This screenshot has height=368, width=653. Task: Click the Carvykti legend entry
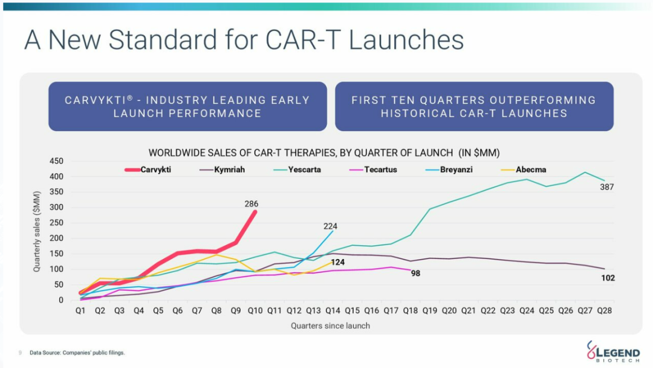[148, 169]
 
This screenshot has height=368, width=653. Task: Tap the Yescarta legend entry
[297, 169]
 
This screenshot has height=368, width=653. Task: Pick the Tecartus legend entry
[373, 169]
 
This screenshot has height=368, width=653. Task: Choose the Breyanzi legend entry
[449, 169]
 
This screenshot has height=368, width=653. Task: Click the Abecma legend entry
[524, 169]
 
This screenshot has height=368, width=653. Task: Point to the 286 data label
[251, 204]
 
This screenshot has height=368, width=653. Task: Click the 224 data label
[330, 226]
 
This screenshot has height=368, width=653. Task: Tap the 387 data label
[607, 187]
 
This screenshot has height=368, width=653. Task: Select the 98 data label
[415, 274]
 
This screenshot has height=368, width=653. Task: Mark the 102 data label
[608, 278]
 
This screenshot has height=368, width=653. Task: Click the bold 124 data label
[338, 262]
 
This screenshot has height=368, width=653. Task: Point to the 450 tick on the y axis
[56, 161]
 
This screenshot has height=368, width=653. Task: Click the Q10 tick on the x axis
[255, 310]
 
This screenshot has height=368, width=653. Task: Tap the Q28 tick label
[604, 310]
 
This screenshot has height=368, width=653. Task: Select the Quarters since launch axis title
[330, 326]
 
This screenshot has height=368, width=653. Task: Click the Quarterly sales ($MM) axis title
[37, 232]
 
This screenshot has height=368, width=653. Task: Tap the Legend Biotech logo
[614, 351]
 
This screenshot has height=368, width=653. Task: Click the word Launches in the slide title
[406, 40]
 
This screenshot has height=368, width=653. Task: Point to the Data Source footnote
[77, 353]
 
